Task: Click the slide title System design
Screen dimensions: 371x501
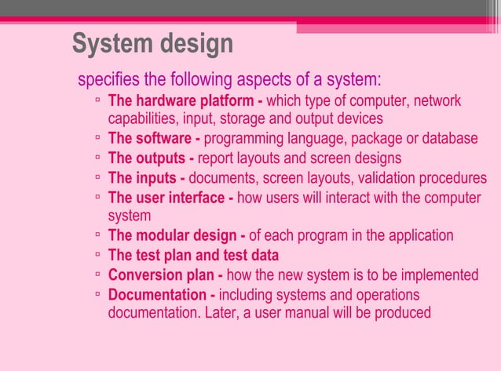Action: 152,44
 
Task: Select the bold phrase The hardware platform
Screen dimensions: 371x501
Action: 184,101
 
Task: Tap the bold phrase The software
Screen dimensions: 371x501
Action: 152,139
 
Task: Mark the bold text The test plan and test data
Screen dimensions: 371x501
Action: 193,255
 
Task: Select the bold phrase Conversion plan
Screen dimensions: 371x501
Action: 163,275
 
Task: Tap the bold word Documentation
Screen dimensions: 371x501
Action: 161,295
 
